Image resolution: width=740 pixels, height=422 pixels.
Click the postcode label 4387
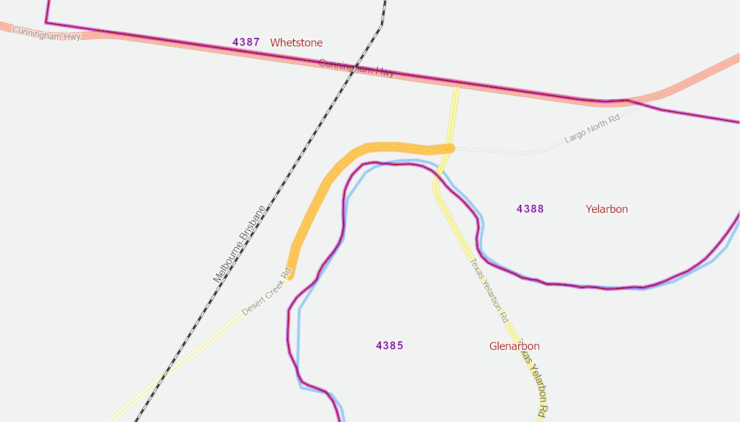[246, 42]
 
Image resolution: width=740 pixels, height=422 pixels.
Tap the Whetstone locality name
[296, 43]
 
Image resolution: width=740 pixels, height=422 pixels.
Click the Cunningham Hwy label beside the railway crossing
[357, 68]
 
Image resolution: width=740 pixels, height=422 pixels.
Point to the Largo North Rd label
[592, 129]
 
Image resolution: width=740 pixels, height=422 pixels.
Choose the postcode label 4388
[530, 209]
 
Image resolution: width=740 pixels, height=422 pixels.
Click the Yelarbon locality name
[606, 209]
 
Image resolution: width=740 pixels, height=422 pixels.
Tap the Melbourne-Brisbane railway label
[239, 244]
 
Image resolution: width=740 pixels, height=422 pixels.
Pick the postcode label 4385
[390, 346]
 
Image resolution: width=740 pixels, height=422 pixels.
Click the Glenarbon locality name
[514, 346]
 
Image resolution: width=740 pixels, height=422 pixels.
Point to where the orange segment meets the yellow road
[449, 148]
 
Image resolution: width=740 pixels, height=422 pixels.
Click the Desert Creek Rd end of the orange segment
[290, 275]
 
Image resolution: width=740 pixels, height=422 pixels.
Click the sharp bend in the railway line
[381, 25]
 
